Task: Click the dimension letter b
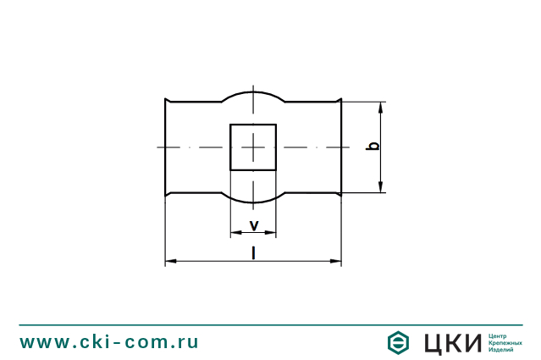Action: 373,146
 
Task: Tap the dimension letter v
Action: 254,225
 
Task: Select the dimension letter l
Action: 254,252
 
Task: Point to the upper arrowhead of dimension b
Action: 381,107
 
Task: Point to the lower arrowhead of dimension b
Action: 381,187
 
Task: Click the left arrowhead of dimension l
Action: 171,261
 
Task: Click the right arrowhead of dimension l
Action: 336,261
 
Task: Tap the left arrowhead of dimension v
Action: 236,233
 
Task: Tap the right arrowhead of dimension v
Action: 271,233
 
